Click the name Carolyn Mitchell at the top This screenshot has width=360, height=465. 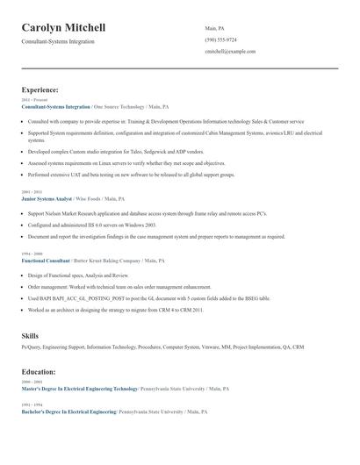tap(69, 28)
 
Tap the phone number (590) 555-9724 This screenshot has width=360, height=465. tap(220, 39)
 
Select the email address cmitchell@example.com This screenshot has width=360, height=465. tap(230, 52)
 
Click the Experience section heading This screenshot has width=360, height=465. tap(40, 89)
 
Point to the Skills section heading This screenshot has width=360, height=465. tap(30, 336)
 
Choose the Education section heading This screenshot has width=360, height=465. tap(39, 372)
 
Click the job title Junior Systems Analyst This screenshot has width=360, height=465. tap(47, 199)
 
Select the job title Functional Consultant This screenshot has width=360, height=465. tap(45, 261)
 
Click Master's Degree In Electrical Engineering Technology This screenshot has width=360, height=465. tap(79, 389)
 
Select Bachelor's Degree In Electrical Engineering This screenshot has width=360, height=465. tap(68, 411)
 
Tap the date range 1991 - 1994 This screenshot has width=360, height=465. tap(31, 404)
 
